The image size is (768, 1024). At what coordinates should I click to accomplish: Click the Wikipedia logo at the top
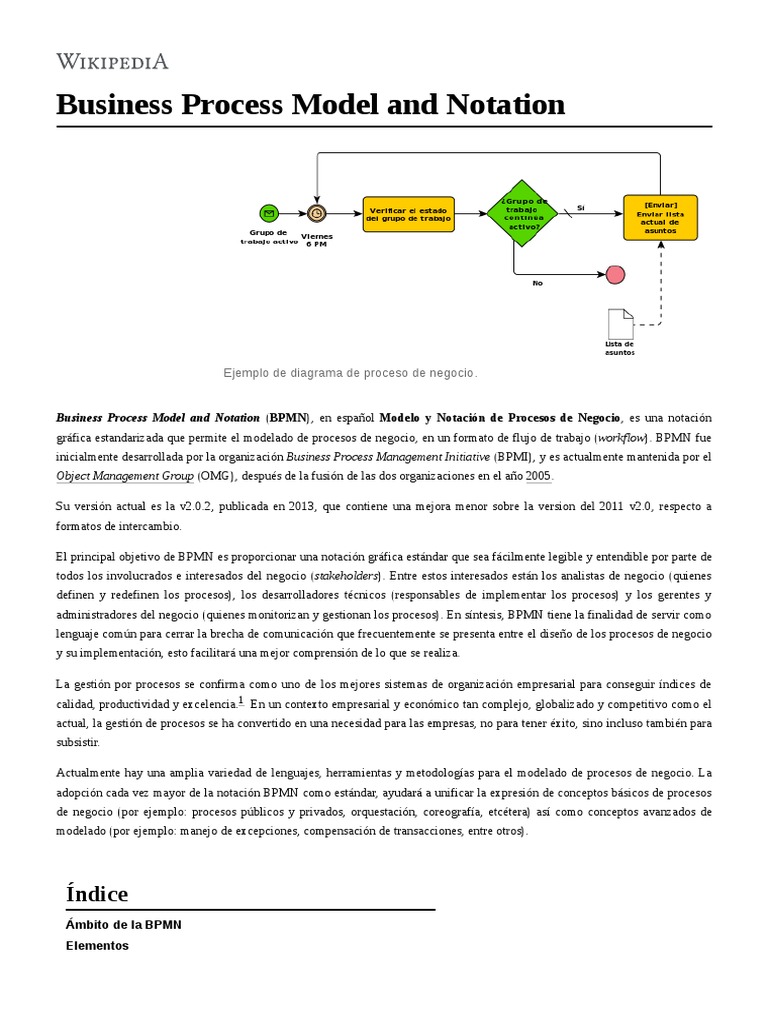[x=112, y=62]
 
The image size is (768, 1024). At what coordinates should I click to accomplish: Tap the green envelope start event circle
[x=268, y=212]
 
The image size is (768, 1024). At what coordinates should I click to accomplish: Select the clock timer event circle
[x=317, y=212]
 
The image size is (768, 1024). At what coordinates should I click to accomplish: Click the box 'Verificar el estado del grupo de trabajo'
[x=408, y=214]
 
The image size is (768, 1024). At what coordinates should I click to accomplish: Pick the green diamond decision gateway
[x=521, y=212]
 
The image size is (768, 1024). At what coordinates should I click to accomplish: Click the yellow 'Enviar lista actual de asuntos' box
[x=660, y=217]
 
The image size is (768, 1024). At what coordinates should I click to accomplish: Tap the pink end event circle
[x=615, y=275]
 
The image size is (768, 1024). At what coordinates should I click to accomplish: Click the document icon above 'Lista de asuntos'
[x=620, y=324]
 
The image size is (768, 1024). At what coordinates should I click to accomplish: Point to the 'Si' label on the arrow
[x=580, y=207]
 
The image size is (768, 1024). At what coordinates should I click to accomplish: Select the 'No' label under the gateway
[x=537, y=283]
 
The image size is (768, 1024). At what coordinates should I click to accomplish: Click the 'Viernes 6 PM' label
[x=317, y=240]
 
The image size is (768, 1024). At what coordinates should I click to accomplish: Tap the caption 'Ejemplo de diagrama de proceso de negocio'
[x=350, y=373]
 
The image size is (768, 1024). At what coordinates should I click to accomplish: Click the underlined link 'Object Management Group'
[x=125, y=476]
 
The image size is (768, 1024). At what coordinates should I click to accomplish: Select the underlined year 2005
[x=538, y=476]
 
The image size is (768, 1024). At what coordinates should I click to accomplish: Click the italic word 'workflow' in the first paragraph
[x=621, y=438]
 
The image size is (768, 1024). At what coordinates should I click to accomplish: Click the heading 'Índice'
[x=97, y=893]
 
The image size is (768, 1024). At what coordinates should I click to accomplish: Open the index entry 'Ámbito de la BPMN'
[x=124, y=925]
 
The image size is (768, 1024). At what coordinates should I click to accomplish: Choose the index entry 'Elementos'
[x=97, y=945]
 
